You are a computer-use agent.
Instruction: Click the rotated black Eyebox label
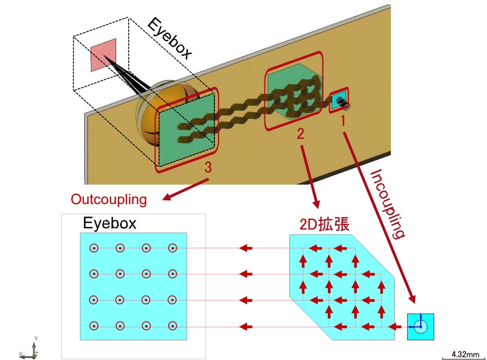pos(169,39)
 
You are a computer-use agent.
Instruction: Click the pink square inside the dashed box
pos(103,55)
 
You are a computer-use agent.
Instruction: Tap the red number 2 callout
pos(300,134)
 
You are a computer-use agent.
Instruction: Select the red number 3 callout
pos(208,167)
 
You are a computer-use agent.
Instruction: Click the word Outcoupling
pos(109,199)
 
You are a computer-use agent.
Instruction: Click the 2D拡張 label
pos(324,224)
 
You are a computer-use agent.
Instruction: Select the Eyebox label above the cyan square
pos(110,223)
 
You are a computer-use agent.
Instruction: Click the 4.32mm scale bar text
pos(465,354)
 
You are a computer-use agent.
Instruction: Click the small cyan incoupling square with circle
pos(421,327)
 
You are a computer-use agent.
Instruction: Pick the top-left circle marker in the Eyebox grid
pos(94,248)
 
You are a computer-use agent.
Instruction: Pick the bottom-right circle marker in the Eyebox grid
pos(172,326)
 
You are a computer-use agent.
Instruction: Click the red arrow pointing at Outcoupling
pos(186,189)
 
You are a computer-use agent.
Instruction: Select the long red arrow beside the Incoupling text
pos(379,217)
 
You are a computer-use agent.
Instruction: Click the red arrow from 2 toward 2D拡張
pos(310,176)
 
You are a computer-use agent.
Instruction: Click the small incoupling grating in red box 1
pos(339,100)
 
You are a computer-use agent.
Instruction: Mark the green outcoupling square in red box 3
pos(186,130)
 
